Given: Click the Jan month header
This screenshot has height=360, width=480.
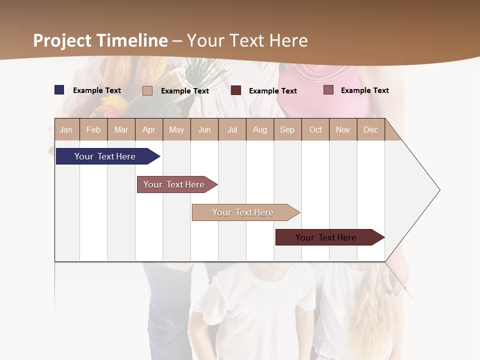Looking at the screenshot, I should tap(66, 129).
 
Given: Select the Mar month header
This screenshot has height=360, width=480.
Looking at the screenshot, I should tap(121, 129).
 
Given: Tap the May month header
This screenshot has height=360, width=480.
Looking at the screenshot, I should tap(176, 129).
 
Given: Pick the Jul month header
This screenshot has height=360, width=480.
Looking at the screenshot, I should tap(232, 129).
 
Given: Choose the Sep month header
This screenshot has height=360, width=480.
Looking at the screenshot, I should tap(287, 129).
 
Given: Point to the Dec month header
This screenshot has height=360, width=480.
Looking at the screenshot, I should tap(370, 129).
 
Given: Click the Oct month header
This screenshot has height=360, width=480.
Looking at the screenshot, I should tap(315, 129).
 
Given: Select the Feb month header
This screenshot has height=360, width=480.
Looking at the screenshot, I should tap(93, 129).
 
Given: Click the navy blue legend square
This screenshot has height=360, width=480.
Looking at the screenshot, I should tap(59, 90).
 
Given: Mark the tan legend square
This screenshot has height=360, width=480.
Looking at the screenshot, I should tap(147, 90).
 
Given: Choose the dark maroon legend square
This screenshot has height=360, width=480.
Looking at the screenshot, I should tap(236, 90).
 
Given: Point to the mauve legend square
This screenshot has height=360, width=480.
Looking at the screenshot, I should tap(328, 90).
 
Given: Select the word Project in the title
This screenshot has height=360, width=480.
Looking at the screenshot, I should tap(62, 40).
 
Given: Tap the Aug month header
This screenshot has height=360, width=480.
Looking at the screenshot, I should tap(259, 129).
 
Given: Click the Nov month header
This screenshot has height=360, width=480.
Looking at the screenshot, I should tap(343, 129).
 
